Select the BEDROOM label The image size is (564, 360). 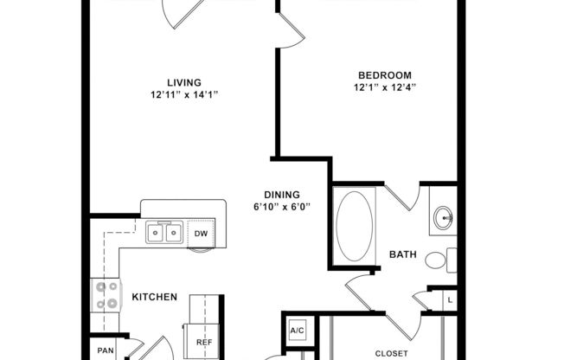tap(381, 75)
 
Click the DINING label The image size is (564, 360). tap(282, 195)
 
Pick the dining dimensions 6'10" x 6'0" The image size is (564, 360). tap(282, 207)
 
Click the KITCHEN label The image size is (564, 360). tap(154, 297)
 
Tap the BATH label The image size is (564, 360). tap(403, 254)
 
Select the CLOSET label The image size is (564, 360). tap(392, 353)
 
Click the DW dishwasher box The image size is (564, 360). tap(200, 234)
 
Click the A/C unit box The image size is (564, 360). tap(298, 331)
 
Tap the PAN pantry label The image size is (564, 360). tap(106, 350)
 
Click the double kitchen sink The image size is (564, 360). tap(163, 233)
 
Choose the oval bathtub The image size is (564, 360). tap(353, 226)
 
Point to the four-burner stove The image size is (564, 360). tap(106, 296)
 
